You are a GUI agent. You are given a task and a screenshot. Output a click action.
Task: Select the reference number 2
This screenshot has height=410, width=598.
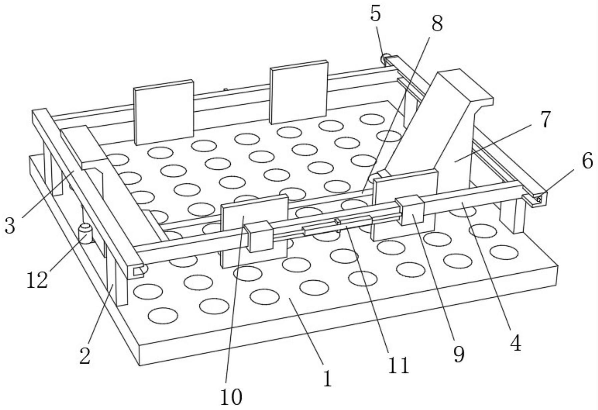pos(85,356)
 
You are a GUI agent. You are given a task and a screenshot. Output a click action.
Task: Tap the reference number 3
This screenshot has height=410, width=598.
pos(10,226)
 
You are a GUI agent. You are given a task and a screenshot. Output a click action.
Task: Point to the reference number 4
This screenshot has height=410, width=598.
pos(516,343)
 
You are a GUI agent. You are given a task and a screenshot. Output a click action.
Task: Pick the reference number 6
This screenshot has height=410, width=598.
pos(587,161)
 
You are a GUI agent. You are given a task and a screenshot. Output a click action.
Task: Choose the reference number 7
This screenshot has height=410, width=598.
pos(545,120)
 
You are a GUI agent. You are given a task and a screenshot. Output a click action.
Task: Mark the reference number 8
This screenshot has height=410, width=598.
pos(437,23)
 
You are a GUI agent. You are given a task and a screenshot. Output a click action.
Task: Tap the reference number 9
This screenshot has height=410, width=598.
pos(459,354)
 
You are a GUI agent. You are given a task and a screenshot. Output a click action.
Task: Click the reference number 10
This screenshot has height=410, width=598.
pos(231,397)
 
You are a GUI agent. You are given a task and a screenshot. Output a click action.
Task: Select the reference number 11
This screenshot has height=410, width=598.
pos(398,365)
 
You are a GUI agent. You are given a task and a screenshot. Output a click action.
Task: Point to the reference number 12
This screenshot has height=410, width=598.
pos(37,280)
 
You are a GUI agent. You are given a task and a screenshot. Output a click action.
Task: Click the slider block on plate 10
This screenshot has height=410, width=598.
pos(259,236)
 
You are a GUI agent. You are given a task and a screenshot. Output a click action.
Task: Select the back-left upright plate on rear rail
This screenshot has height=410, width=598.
pos(164,112)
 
